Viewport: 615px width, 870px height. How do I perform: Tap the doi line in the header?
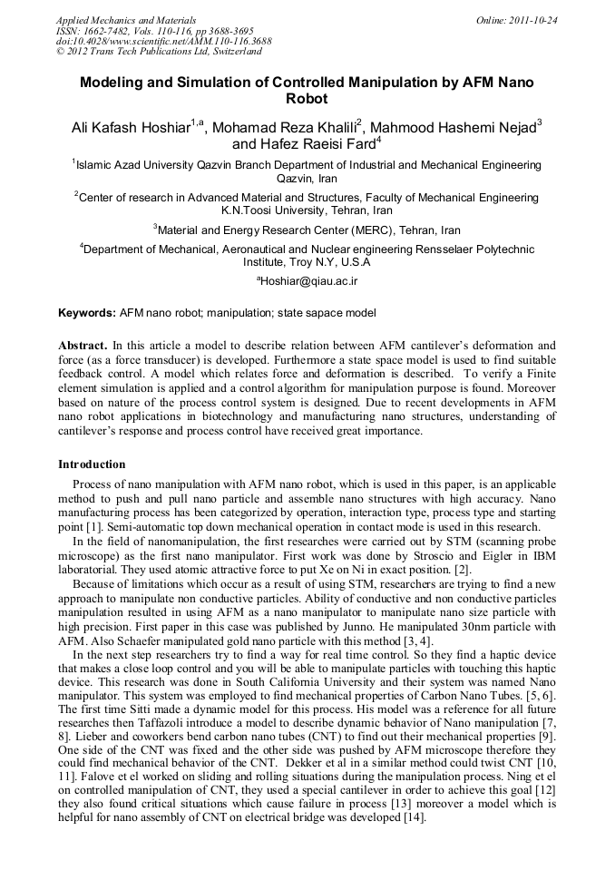[163, 41]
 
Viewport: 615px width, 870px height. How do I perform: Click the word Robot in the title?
[307, 99]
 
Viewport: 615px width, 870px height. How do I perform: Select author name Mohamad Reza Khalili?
[284, 127]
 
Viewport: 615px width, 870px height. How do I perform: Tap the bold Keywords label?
[87, 313]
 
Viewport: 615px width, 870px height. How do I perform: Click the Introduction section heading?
[92, 464]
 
